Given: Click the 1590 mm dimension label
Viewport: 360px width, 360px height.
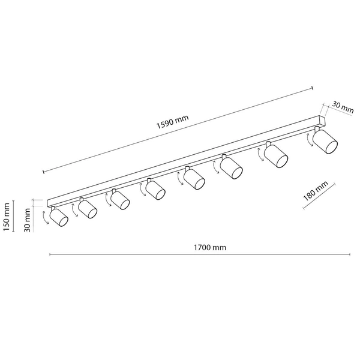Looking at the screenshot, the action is (x=172, y=122).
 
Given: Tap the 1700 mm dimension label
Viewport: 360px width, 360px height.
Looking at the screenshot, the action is (x=210, y=247).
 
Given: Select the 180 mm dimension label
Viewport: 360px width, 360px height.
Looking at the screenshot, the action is (x=316, y=191).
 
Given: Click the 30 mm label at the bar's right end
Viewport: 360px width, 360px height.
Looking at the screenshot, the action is (x=343, y=107).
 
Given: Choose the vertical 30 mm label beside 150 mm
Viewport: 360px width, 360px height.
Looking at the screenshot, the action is (x=28, y=220).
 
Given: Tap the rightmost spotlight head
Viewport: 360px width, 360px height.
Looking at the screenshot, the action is (x=325, y=142).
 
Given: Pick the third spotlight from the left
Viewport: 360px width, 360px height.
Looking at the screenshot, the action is (x=120, y=200).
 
